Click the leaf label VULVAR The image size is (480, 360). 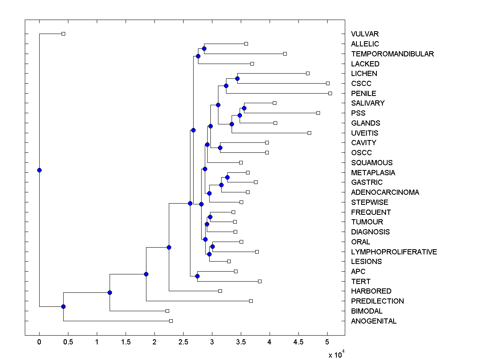tap(364, 34)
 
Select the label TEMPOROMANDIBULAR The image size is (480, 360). tap(392, 54)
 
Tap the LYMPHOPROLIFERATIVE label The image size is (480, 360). tap(394, 252)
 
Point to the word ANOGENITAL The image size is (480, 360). tap(374, 321)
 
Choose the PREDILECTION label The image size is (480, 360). tap(377, 301)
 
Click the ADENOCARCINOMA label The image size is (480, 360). tap(385, 192)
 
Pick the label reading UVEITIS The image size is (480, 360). tap(364, 133)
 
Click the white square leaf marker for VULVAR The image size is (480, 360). tap(63, 34)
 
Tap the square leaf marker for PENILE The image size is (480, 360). tap(330, 93)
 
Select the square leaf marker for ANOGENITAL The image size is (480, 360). tap(171, 321)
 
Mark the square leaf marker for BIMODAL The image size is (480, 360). tap(167, 311)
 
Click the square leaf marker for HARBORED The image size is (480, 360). tap(220, 291)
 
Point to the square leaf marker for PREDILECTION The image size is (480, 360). tap(251, 301)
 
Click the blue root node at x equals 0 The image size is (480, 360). tap(39, 170)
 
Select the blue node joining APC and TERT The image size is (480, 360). tap(197, 276)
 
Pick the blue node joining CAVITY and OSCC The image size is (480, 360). tap(220, 148)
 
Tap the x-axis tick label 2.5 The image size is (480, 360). tap(183, 342)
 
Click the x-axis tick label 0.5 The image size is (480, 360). tap(68, 342)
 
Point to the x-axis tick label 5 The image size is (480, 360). tap(327, 342)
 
